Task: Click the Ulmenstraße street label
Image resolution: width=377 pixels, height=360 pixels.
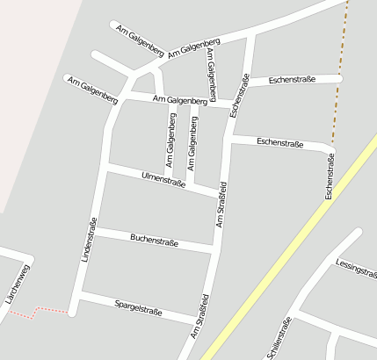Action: click(163, 180)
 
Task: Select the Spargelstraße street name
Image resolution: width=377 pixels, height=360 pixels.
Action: click(141, 306)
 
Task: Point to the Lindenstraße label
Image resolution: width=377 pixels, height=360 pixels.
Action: click(88, 240)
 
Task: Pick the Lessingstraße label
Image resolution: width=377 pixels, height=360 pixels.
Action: click(357, 268)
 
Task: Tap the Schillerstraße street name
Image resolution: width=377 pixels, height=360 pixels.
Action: click(279, 339)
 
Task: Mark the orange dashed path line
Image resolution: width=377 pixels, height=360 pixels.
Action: click(340, 70)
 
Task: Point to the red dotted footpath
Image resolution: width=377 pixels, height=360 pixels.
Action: click(44, 311)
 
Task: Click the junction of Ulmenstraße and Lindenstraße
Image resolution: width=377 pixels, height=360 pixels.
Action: click(105, 165)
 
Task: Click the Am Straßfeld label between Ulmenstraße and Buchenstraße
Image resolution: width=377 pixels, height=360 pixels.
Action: click(221, 204)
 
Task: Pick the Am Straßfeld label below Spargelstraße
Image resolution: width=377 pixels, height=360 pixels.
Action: click(199, 316)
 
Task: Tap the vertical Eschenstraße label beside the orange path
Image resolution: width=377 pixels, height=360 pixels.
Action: click(330, 176)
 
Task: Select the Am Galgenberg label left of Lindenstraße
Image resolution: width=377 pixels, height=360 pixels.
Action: click(91, 89)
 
